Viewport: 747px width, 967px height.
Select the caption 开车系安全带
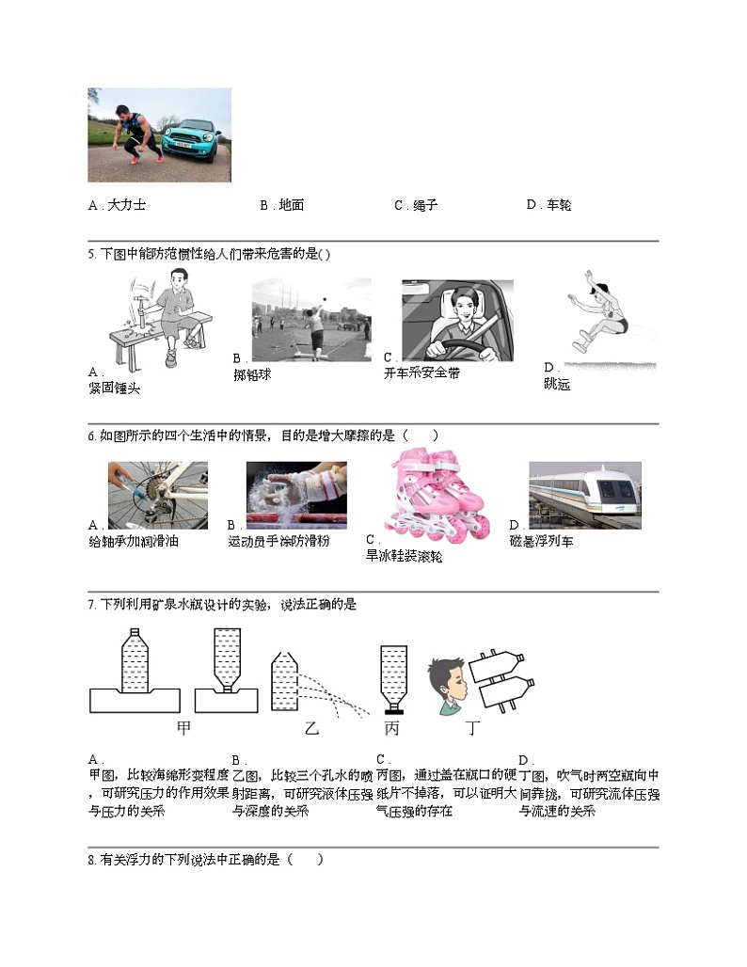pyautogui.click(x=421, y=373)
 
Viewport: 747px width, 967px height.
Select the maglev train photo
pyautogui.click(x=584, y=495)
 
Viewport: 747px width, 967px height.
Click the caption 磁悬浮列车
pyautogui.click(x=541, y=541)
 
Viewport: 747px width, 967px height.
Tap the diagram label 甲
pyautogui.click(x=183, y=727)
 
